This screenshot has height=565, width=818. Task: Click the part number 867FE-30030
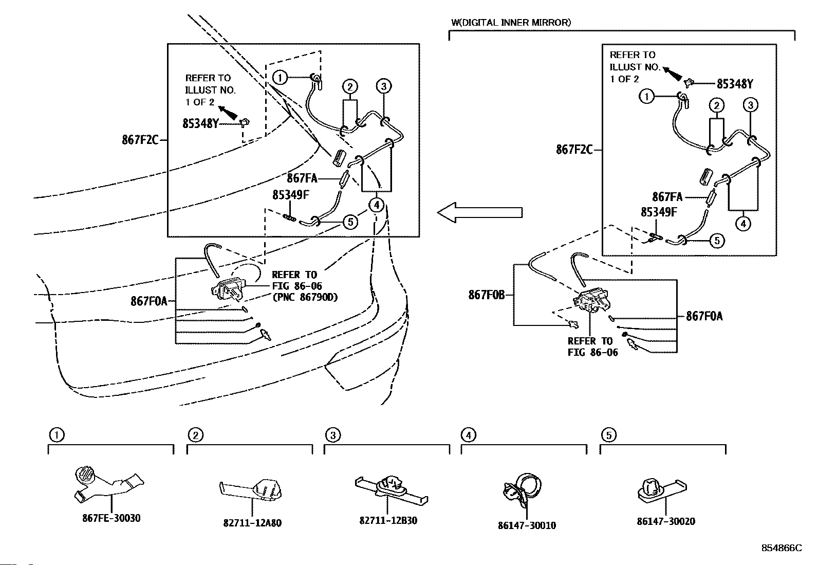tap(111, 518)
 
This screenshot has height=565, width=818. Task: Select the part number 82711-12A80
tap(252, 523)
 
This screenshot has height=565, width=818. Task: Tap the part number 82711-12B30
tap(388, 520)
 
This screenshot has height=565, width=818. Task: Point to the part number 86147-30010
tap(527, 525)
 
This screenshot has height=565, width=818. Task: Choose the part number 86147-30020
tap(665, 521)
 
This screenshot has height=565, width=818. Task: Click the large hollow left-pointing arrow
tap(479, 212)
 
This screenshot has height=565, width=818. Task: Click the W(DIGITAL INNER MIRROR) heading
tap(511, 23)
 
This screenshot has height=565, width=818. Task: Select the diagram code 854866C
tap(781, 548)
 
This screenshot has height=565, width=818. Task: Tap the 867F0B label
tap(487, 295)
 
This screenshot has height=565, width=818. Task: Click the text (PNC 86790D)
tap(305, 297)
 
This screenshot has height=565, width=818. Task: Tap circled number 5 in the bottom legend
tap(608, 435)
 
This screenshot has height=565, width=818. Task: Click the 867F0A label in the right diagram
tap(704, 316)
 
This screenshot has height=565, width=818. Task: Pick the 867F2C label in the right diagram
tap(574, 150)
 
